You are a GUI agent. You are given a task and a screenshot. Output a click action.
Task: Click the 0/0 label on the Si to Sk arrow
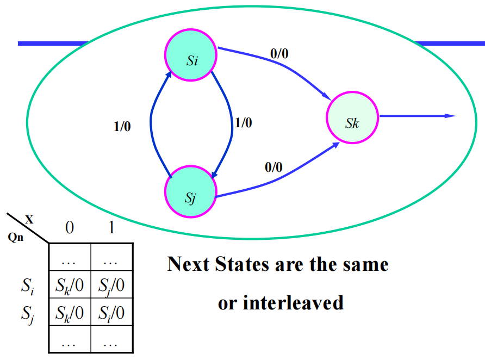[x=279, y=54]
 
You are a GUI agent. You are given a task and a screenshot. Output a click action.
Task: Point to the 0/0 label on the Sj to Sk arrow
[x=273, y=167]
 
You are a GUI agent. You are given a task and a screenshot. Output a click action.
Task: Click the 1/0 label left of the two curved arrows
[x=122, y=127]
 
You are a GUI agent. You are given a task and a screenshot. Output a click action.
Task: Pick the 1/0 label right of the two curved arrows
[x=243, y=123]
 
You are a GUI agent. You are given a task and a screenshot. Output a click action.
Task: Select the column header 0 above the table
[x=70, y=228]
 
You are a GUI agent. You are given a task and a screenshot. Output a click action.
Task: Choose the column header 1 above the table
[x=111, y=228]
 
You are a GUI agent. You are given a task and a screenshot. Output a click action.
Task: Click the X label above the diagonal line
[x=29, y=220]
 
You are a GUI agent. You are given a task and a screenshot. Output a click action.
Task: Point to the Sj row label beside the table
[x=27, y=313]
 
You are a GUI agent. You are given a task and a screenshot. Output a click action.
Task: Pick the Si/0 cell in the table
[x=111, y=313]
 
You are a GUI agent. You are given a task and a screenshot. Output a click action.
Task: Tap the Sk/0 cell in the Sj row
[x=70, y=313]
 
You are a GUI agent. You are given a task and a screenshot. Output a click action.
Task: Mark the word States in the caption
[x=242, y=264]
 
